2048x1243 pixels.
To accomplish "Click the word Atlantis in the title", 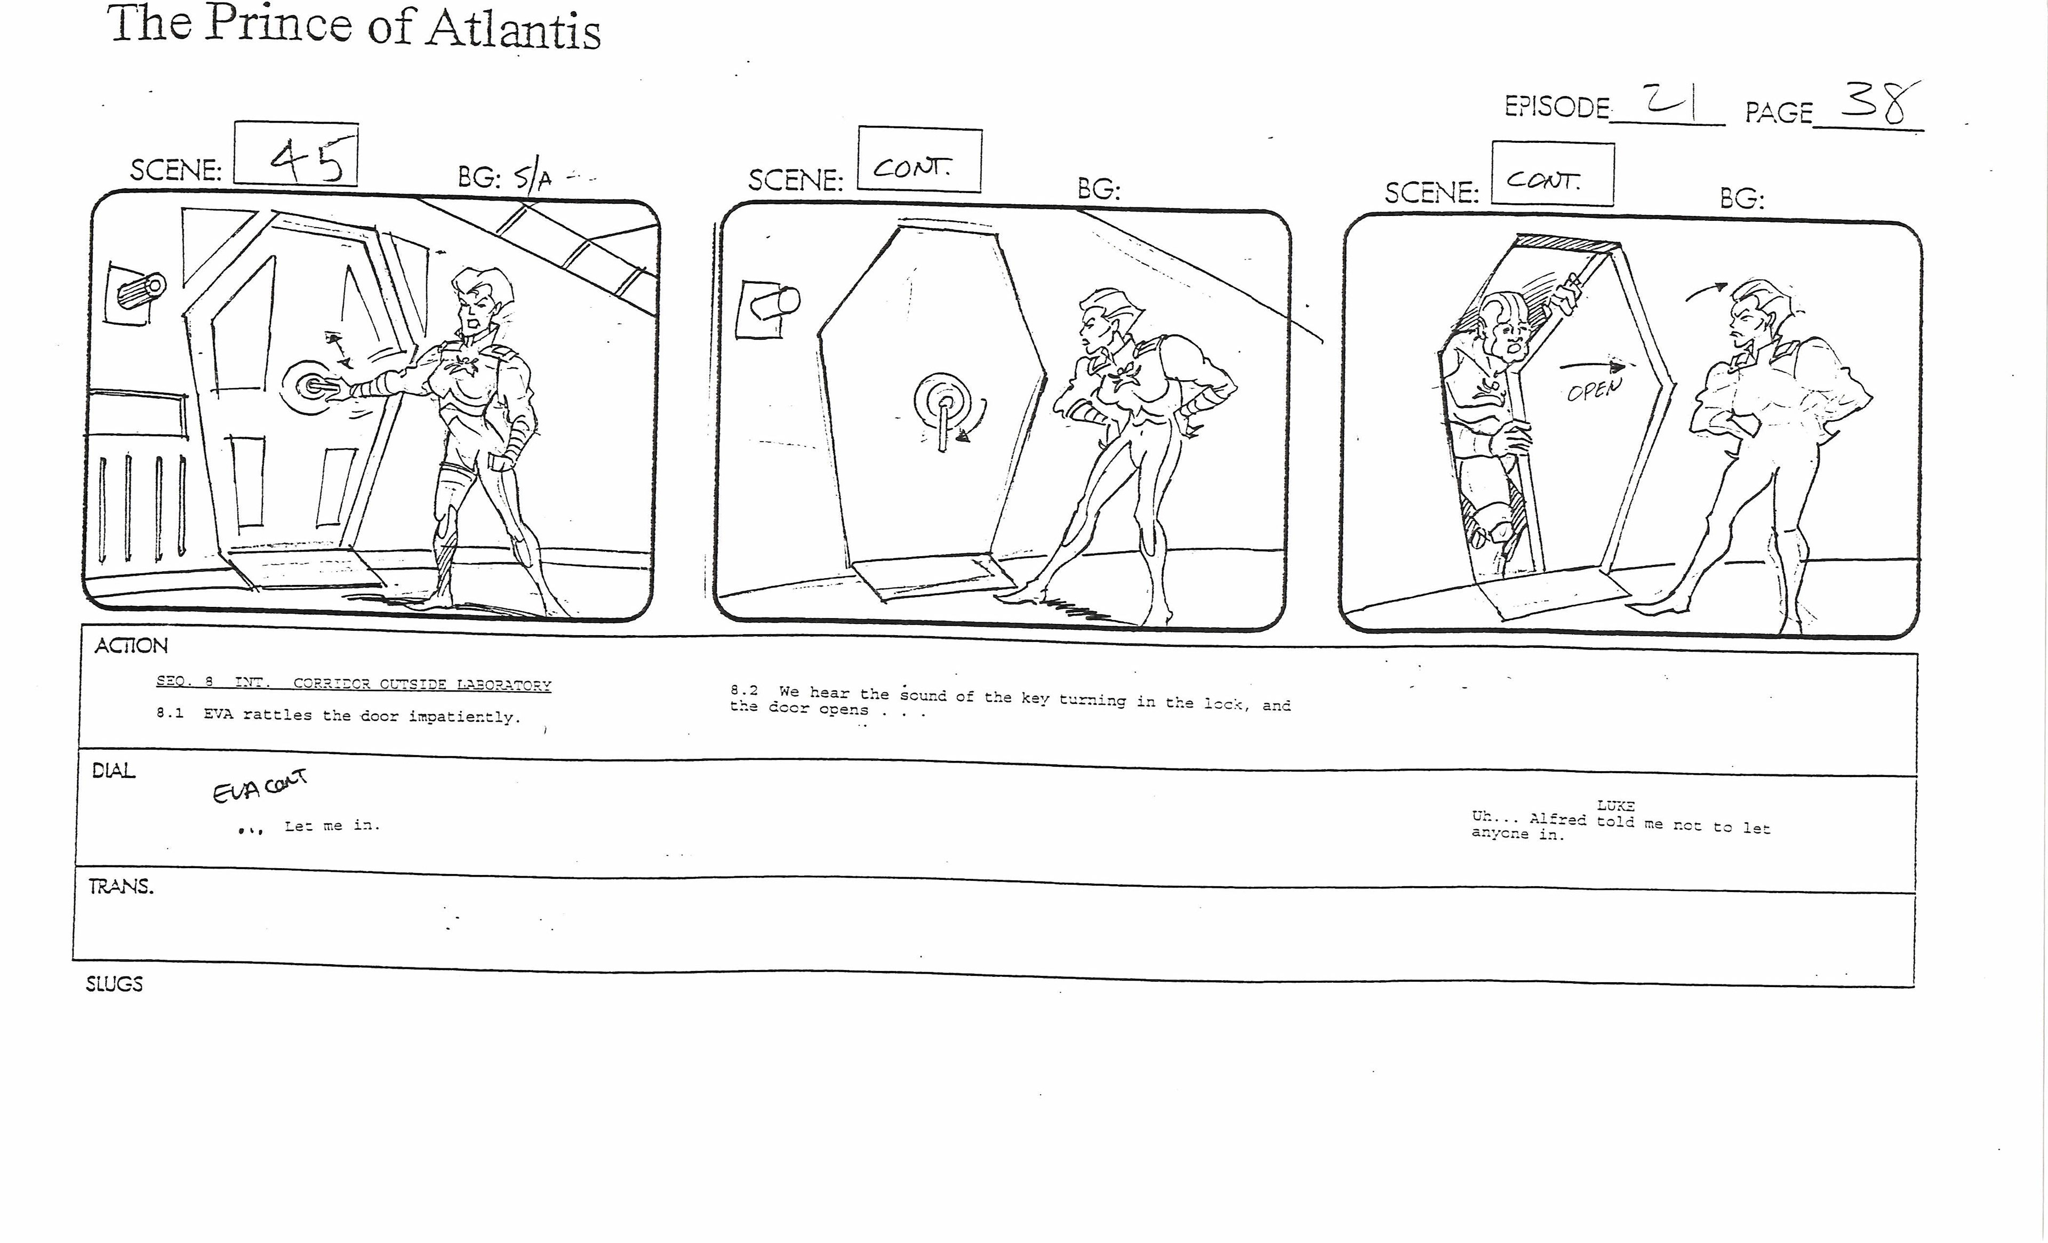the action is tap(513, 30).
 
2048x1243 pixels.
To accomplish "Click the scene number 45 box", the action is tap(296, 155).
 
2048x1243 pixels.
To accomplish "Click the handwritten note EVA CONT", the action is tap(259, 785).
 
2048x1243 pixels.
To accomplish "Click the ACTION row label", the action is tap(131, 646).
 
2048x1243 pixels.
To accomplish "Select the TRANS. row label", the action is tap(122, 887).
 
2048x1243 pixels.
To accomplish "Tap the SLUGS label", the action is tap(115, 984).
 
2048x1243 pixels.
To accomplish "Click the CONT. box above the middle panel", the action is tap(919, 159).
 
